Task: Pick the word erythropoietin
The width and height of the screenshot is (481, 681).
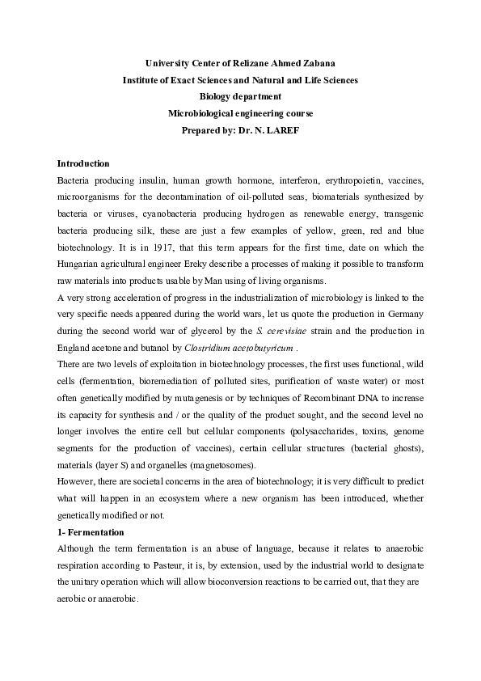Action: point(351,180)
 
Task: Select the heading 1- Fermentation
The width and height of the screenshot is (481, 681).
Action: point(91,532)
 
